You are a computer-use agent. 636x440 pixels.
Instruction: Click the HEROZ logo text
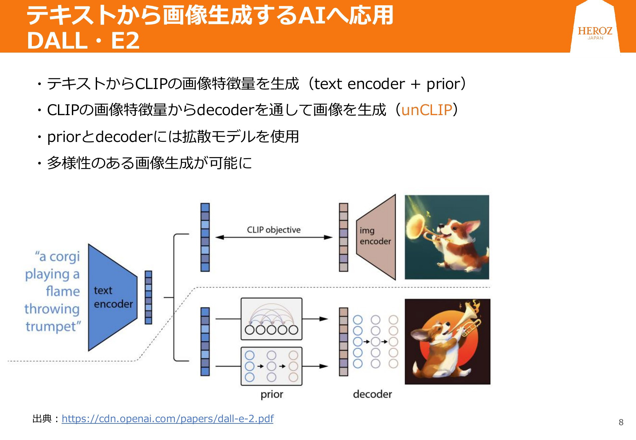click(x=595, y=31)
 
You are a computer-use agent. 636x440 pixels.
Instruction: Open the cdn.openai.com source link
click(x=168, y=419)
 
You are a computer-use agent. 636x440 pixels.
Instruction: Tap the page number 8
click(x=621, y=422)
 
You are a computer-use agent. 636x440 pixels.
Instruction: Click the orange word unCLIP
click(x=427, y=110)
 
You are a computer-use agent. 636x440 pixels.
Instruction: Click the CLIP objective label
click(x=274, y=230)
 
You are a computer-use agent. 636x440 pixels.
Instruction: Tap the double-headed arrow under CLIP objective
click(x=274, y=237)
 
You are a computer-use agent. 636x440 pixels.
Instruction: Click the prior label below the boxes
click(x=272, y=394)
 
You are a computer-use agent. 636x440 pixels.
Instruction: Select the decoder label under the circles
click(x=372, y=394)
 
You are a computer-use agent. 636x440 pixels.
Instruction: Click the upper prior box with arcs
click(x=271, y=319)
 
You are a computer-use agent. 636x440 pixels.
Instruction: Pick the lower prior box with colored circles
click(x=271, y=366)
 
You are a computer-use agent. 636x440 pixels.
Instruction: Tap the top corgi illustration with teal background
click(x=447, y=237)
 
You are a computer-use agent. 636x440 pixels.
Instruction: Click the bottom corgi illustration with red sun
click(x=447, y=341)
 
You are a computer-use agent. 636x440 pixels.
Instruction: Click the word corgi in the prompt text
click(x=64, y=257)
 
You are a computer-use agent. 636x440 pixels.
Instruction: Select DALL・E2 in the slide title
click(x=83, y=40)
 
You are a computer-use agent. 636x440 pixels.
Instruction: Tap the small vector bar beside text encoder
click(x=148, y=297)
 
